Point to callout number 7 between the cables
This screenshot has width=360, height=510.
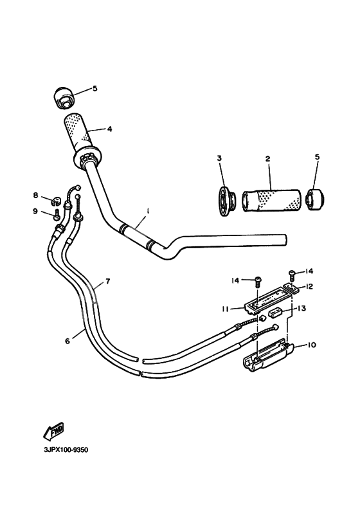click(108, 281)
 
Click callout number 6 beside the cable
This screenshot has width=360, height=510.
click(67, 342)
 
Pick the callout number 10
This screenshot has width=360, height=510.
click(312, 345)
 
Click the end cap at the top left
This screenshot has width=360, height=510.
click(62, 97)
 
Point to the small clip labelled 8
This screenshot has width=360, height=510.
click(55, 197)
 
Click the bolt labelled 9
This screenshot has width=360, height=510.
click(56, 210)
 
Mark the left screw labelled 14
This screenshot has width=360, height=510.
click(258, 281)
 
